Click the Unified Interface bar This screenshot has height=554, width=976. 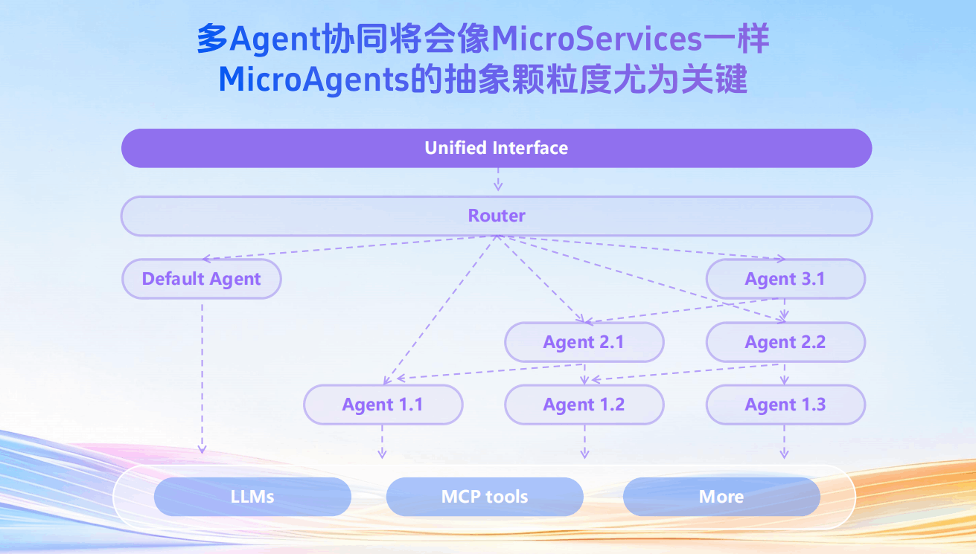(497, 148)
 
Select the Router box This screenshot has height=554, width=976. (497, 216)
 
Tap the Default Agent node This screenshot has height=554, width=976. (201, 279)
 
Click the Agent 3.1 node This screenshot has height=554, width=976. (785, 279)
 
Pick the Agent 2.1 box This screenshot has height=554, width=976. (584, 342)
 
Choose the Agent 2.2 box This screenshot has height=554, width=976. (785, 342)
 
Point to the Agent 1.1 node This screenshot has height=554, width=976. (383, 405)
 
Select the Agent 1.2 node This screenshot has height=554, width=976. (584, 405)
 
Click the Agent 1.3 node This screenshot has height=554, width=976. (785, 405)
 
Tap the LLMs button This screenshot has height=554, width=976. (252, 497)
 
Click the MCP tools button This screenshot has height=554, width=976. (485, 497)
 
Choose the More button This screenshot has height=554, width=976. (721, 497)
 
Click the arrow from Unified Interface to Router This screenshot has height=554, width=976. (498, 180)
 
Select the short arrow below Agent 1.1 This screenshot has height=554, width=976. (383, 442)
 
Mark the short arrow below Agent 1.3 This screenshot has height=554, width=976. (784, 442)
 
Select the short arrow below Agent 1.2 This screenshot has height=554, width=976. (584, 442)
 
